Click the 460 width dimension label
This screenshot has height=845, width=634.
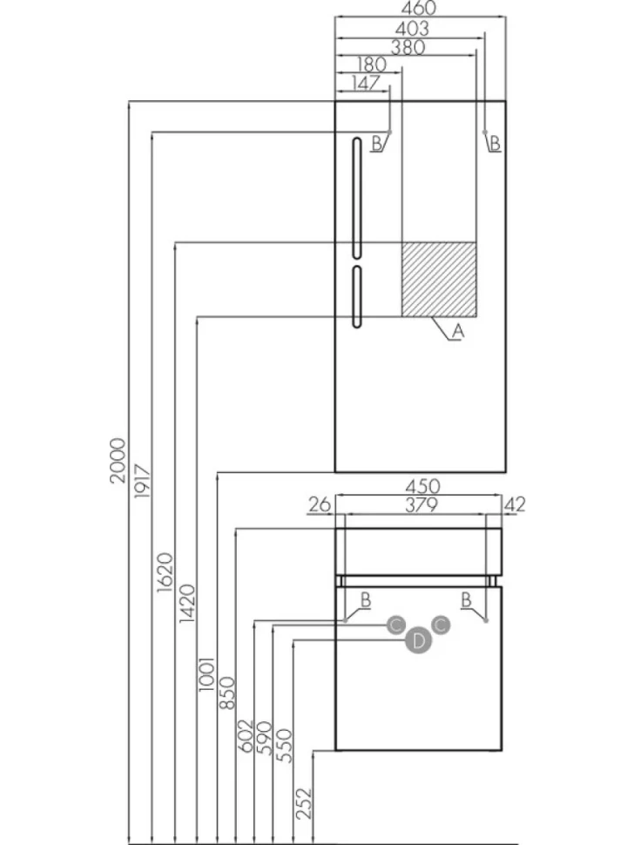[x=419, y=8]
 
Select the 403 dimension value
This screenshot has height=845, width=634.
[x=412, y=28]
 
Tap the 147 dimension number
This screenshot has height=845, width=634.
[x=365, y=83]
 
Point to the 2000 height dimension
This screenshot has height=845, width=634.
[x=118, y=460]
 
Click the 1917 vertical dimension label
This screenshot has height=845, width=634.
[x=142, y=481]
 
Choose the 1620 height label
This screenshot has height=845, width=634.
[x=165, y=572]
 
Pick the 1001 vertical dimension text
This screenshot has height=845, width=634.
[x=206, y=675]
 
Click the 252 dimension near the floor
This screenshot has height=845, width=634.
[x=304, y=803]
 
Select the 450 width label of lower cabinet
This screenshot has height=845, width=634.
[x=422, y=486]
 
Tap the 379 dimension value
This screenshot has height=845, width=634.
[x=421, y=505]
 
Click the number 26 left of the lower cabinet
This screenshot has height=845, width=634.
[x=319, y=505]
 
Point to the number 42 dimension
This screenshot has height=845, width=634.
[x=515, y=505]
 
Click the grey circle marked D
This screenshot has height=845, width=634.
[x=419, y=641]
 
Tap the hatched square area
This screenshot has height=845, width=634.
[x=439, y=279]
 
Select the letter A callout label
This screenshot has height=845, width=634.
[x=457, y=331]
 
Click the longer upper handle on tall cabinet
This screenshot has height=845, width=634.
[x=356, y=198]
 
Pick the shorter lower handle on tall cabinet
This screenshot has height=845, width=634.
[x=356, y=296]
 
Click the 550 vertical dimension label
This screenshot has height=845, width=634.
[x=285, y=746]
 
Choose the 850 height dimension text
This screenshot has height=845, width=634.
[x=228, y=693]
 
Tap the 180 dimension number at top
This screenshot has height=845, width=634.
[x=372, y=64]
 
